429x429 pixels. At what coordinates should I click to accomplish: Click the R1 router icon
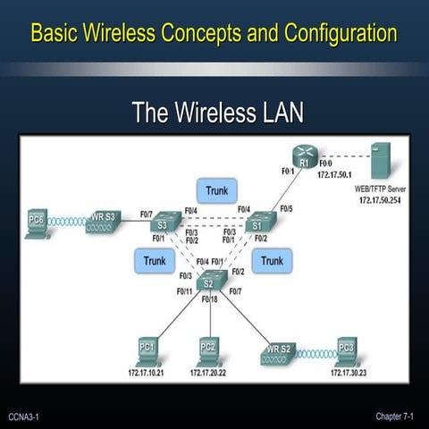point(304,159)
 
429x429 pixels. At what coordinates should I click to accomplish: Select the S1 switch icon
point(261,223)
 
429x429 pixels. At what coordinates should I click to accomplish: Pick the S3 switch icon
point(164,223)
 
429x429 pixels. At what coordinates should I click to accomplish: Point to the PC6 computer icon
point(37,223)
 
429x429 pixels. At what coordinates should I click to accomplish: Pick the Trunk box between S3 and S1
point(216,190)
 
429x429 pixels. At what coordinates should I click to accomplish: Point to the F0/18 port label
point(210,299)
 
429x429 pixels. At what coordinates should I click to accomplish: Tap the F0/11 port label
point(184,291)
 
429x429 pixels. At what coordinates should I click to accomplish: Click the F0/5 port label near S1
point(285,208)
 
